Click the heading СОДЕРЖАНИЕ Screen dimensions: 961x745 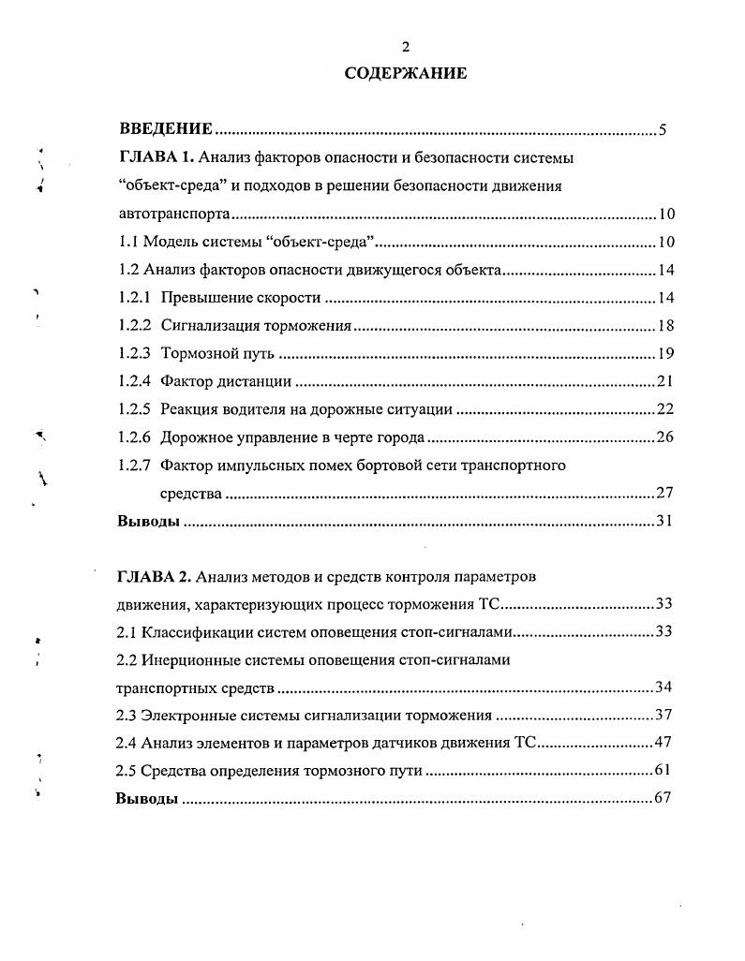[x=405, y=73]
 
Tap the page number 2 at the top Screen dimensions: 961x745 [x=405, y=46]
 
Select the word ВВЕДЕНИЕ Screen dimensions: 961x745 [x=167, y=129]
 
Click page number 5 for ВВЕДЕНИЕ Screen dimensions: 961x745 [x=662, y=130]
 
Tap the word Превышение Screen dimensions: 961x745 [x=201, y=298]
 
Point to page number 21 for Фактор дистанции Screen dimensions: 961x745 [x=665, y=381]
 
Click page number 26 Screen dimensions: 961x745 [x=665, y=437]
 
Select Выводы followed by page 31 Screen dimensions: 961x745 [x=148, y=521]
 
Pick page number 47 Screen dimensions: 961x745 [x=664, y=743]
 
